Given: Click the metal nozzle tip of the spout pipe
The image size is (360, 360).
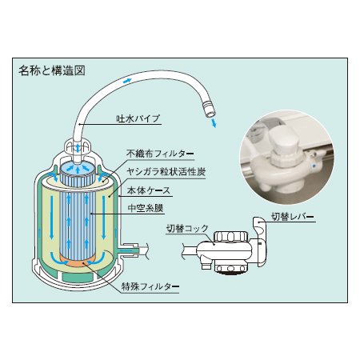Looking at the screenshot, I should [209, 107].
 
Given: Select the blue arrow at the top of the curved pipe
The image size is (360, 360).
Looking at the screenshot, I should [127, 81].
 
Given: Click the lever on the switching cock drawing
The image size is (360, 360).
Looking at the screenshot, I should [262, 228].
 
